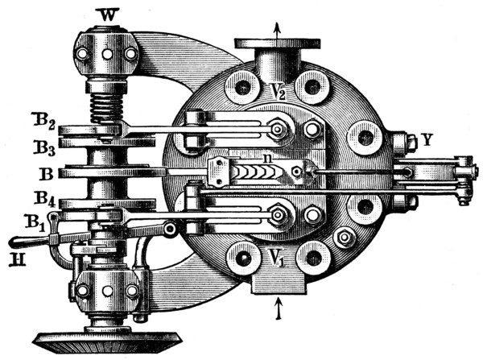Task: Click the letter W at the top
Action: pos(108,15)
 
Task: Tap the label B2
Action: pos(43,122)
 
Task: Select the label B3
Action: pos(44,148)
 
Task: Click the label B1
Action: pos(35,222)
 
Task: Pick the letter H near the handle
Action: pos(17,259)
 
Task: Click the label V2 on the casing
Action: pos(279,91)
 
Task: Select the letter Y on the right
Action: pos(427,140)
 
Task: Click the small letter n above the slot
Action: pos(266,159)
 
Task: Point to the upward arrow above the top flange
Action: pos(277,31)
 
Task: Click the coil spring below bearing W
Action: pos(106,107)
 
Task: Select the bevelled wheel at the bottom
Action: pos(108,341)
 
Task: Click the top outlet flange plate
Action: pos(277,43)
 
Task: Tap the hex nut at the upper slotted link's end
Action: pos(277,130)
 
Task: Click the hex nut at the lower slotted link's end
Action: pos(277,214)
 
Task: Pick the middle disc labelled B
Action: pos(112,172)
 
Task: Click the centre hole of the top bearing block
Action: pos(107,54)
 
